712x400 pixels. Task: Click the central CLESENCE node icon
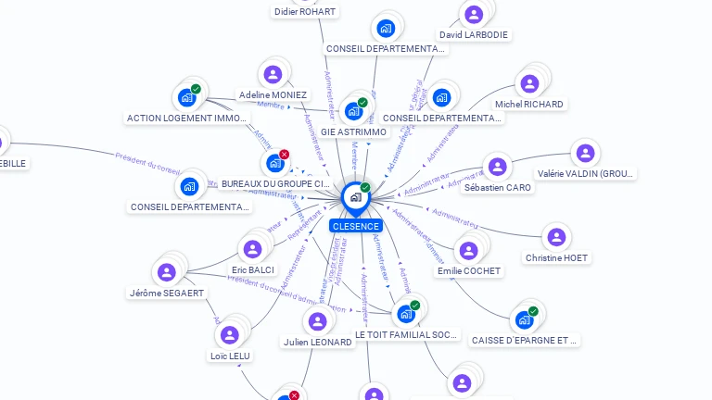(355, 197)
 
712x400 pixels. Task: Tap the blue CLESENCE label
(355, 226)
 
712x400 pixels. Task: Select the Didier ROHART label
(305, 12)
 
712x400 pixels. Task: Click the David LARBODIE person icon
(474, 15)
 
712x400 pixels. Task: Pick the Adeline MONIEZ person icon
(273, 75)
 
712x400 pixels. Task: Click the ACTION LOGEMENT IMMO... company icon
(187, 97)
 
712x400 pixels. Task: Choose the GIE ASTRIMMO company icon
(353, 111)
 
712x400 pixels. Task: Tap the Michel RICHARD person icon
(529, 84)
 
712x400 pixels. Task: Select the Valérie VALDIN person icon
(585, 153)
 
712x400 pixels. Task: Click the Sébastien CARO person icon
(498, 168)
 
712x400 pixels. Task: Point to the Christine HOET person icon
(556, 237)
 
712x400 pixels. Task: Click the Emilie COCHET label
(469, 271)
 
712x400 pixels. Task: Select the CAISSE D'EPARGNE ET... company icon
(525, 319)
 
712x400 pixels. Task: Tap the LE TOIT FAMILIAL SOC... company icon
(406, 314)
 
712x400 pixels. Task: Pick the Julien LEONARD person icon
(318, 321)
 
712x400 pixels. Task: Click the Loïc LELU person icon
(231, 335)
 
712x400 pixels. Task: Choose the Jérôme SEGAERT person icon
(167, 272)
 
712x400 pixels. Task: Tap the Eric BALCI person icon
(252, 249)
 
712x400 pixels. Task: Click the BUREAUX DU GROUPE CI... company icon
(275, 164)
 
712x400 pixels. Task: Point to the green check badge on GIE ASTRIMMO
(362, 102)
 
